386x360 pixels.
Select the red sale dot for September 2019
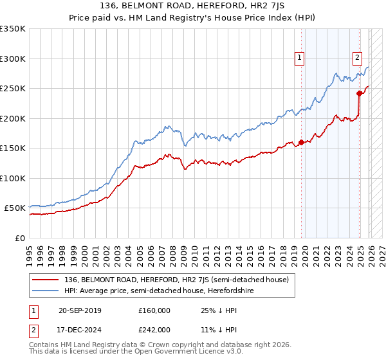tap(301, 142)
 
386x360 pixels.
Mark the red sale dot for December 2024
tap(360, 93)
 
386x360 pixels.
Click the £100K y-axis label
tap(13, 178)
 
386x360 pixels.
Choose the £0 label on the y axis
tap(19, 238)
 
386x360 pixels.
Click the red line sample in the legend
tap(47, 280)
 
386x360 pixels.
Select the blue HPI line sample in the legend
tap(47, 290)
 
